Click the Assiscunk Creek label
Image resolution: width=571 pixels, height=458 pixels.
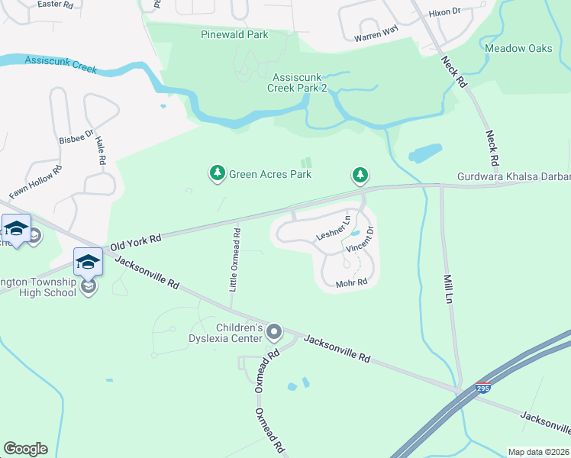coord(61,64)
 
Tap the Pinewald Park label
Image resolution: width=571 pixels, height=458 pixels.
coord(234,35)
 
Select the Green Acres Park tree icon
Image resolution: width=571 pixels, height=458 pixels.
coord(218,174)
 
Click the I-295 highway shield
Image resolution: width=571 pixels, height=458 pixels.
coord(482,389)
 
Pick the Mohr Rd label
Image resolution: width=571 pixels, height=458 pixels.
coord(352,283)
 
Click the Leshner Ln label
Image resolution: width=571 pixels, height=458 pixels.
coord(332,227)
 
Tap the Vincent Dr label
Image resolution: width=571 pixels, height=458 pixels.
coord(360,240)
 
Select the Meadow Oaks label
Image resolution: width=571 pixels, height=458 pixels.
coord(518,48)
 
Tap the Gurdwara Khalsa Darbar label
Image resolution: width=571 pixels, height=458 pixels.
coord(513,177)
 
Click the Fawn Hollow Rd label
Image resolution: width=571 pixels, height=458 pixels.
coord(34,182)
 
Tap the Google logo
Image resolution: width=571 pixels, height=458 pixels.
coord(25,449)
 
